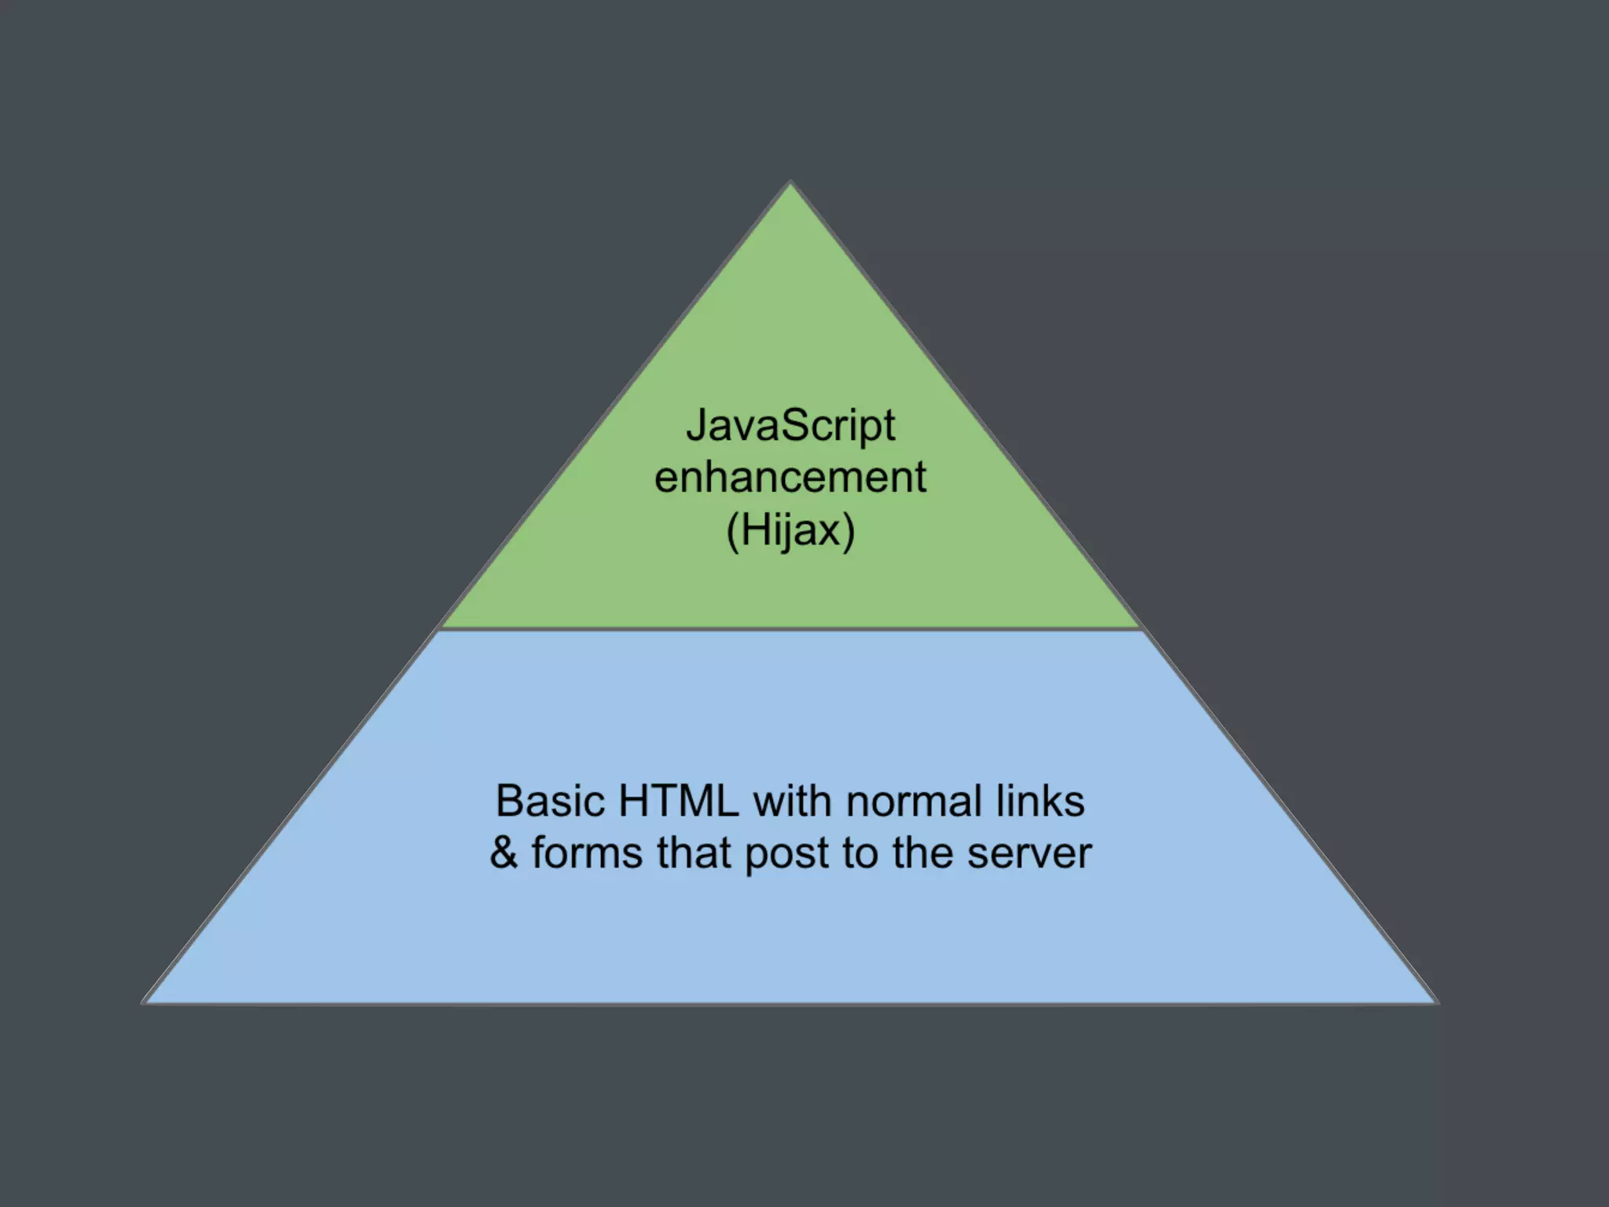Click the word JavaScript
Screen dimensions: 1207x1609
[790, 427]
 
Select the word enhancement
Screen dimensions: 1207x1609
[790, 478]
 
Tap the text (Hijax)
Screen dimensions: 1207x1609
[790, 530]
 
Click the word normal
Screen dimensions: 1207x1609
[911, 802]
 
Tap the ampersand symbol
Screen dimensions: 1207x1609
[504, 853]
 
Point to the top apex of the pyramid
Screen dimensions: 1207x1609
[790, 184]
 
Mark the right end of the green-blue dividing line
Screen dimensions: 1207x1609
[1138, 629]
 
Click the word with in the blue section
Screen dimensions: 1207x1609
[793, 802]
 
